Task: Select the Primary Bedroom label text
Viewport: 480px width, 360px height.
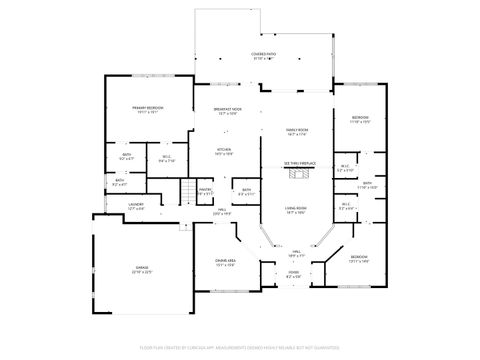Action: (149, 110)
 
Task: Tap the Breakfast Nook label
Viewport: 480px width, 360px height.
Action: (226, 111)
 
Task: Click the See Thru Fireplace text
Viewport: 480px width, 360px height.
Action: (299, 162)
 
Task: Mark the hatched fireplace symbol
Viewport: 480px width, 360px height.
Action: (299, 174)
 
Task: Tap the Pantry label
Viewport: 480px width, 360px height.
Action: (205, 191)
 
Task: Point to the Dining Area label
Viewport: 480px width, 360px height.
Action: (225, 263)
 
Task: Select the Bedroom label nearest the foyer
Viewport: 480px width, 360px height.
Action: (359, 259)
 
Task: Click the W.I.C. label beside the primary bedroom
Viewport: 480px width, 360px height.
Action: (167, 158)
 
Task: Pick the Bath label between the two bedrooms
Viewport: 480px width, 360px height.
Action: (367, 185)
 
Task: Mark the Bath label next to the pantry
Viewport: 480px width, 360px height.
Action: (246, 191)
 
